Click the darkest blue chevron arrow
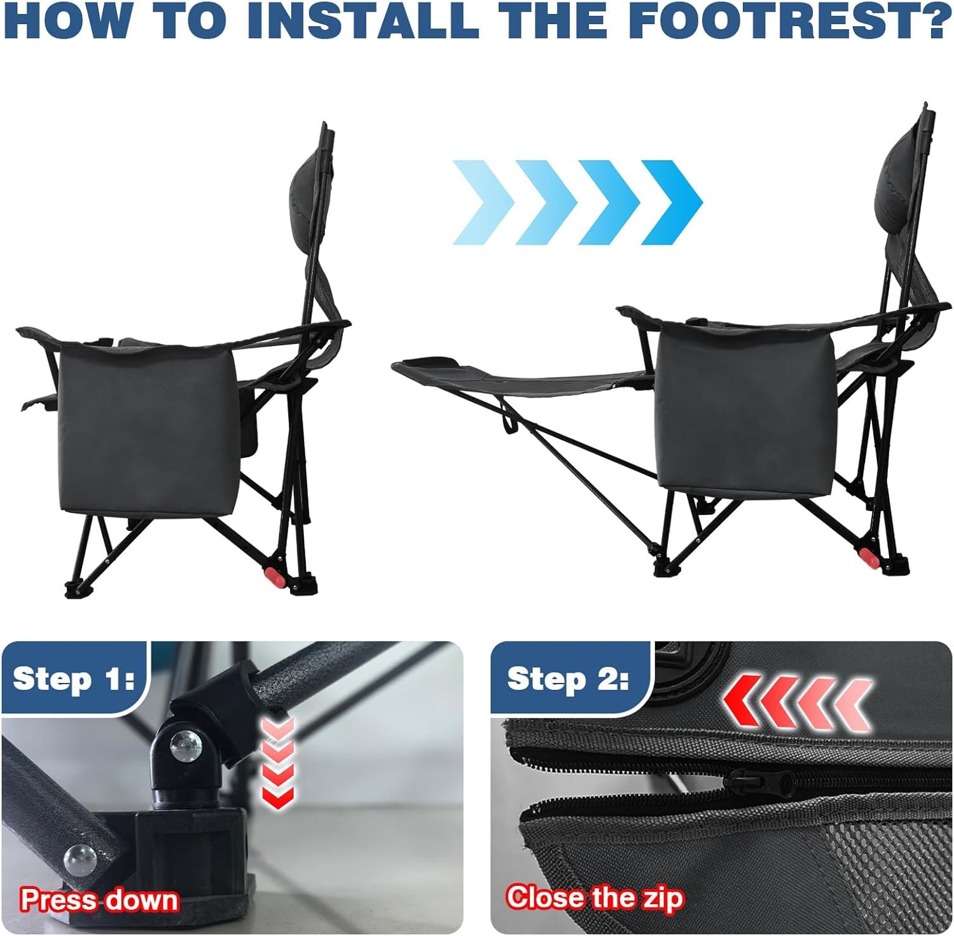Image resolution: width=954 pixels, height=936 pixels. [x=672, y=202]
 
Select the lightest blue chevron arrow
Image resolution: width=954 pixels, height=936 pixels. [x=484, y=202]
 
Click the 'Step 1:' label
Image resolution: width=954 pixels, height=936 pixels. [x=74, y=678]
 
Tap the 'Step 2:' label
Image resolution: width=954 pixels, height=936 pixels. [x=568, y=678]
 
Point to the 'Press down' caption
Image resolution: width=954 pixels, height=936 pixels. [x=99, y=900]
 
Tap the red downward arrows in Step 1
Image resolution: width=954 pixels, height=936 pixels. [x=278, y=762]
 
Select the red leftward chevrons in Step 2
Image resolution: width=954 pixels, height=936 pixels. [x=798, y=702]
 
